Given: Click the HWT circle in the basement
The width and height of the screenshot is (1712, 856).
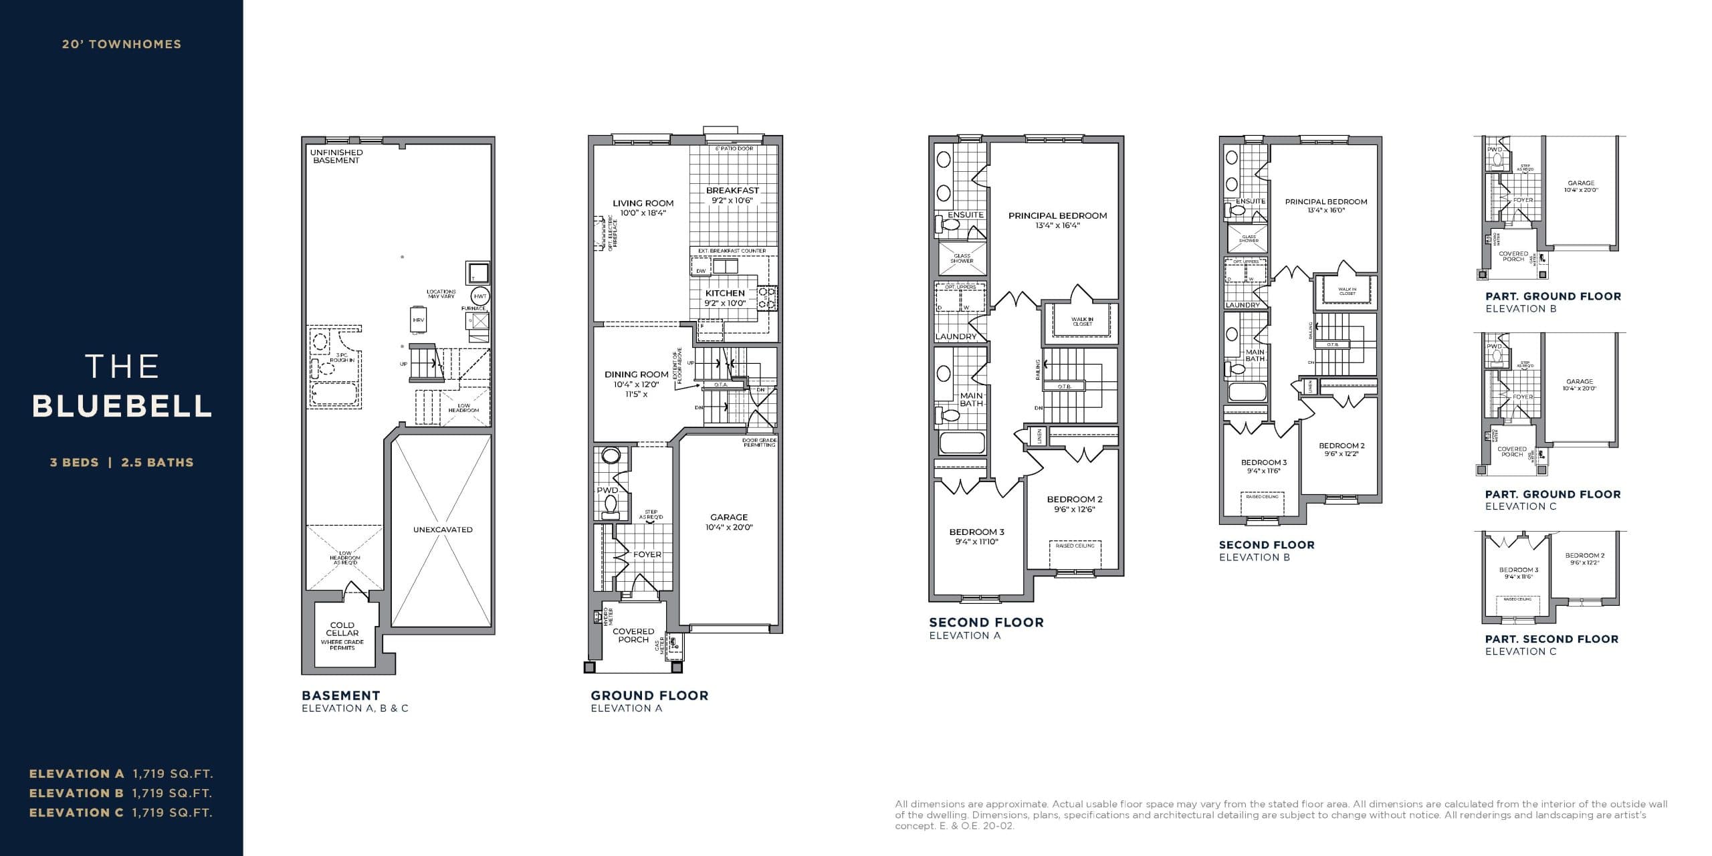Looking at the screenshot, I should point(480,296).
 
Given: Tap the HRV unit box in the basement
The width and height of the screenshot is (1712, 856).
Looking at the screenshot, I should point(419,320).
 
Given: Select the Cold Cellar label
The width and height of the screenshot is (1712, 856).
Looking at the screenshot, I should point(342,629).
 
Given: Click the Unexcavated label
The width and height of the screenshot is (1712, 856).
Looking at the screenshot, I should point(443,530).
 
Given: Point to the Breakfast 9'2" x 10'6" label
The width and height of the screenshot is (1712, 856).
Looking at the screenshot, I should point(732,195).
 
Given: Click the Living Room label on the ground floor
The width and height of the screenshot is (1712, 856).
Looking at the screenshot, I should point(643,207).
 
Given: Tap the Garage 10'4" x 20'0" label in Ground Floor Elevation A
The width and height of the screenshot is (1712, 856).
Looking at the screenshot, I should point(729,522).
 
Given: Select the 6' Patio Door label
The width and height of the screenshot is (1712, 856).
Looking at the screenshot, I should point(734,148).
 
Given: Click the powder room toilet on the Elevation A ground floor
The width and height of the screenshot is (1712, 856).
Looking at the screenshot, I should point(610,510).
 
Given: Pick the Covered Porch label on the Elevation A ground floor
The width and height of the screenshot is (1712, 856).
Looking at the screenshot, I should point(633,635).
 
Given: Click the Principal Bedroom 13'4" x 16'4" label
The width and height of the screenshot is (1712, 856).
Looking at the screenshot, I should point(1057,220).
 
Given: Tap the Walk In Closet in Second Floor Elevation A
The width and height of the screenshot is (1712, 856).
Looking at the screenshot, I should point(1082,322).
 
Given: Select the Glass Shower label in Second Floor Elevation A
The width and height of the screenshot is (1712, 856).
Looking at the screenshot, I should point(962,258).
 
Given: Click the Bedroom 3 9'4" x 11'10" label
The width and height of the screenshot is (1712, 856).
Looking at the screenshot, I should point(976,536).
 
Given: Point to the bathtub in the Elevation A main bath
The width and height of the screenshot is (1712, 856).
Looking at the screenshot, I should point(962,443).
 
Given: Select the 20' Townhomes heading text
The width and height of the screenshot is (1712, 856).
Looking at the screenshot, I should point(122,44).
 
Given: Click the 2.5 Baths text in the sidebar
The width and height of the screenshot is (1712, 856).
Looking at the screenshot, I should point(157,462).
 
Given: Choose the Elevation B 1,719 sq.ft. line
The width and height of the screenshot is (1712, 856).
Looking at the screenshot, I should point(120,793).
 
